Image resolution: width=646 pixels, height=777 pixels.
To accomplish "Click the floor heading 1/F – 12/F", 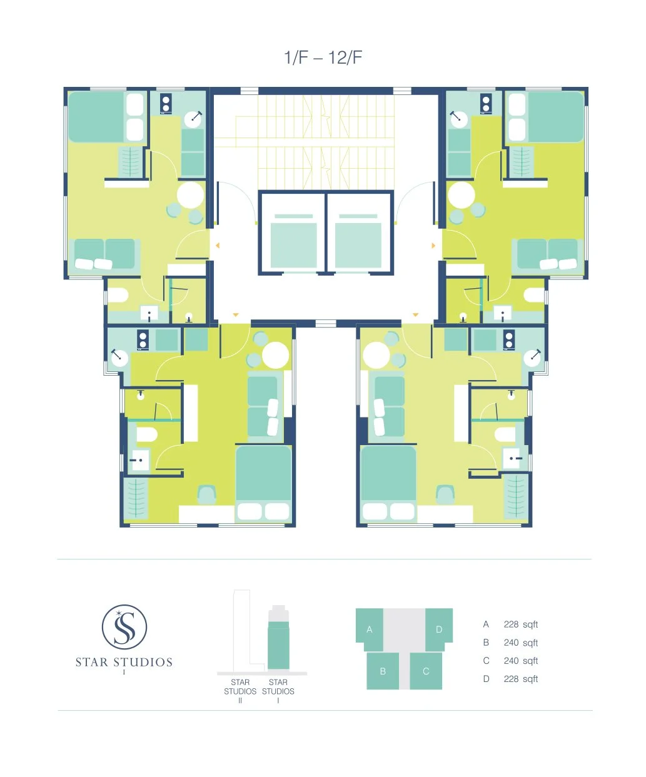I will coord(323,58).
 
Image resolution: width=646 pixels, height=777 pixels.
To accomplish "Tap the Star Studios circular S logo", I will coord(124,627).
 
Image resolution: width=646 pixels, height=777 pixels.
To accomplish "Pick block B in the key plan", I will coord(383,671).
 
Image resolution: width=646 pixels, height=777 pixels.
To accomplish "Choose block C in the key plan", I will coord(426,671).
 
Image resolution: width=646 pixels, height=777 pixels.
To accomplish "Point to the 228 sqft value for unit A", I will coord(520,624).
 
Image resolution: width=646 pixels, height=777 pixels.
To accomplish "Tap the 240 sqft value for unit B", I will coord(520,643).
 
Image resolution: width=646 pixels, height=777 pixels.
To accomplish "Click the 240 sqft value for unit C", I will coord(520,661).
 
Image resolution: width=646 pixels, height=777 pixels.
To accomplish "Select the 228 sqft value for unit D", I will coord(520,679).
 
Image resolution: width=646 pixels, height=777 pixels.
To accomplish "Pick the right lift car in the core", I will coord(358,241).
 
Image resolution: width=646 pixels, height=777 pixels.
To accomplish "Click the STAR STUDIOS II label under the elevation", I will coord(240,691).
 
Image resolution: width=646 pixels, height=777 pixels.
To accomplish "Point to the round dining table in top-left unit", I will coord(190,195).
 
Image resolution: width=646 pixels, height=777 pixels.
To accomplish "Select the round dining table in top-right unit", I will coord(462,195).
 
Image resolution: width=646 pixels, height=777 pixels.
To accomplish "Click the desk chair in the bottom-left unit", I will coord(207,494).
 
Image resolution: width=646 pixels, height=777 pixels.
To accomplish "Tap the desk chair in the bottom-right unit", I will coord(445,494).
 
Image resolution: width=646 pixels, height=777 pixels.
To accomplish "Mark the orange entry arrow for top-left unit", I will coord(218,246).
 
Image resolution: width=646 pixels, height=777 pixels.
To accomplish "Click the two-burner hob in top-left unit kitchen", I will coord(166,103).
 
